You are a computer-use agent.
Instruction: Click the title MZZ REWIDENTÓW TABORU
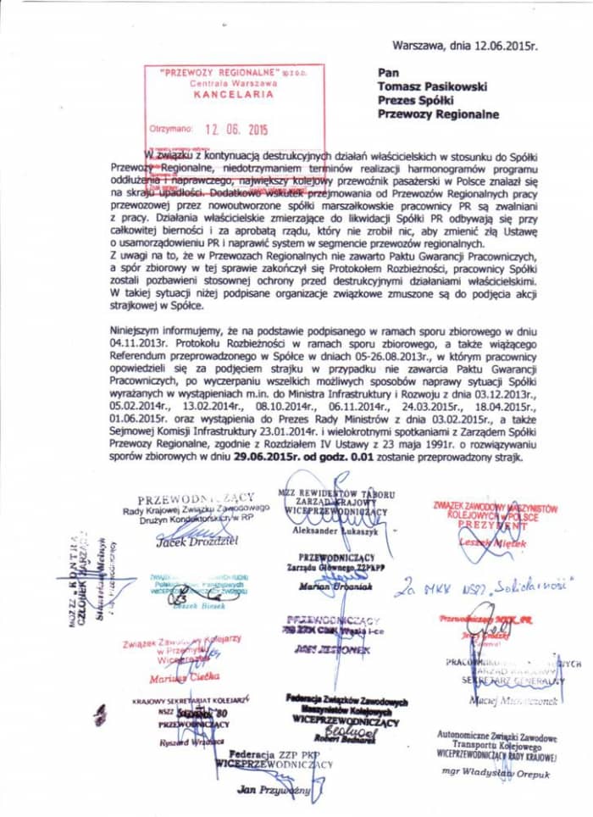336,493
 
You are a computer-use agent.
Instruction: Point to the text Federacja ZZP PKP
272,752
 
